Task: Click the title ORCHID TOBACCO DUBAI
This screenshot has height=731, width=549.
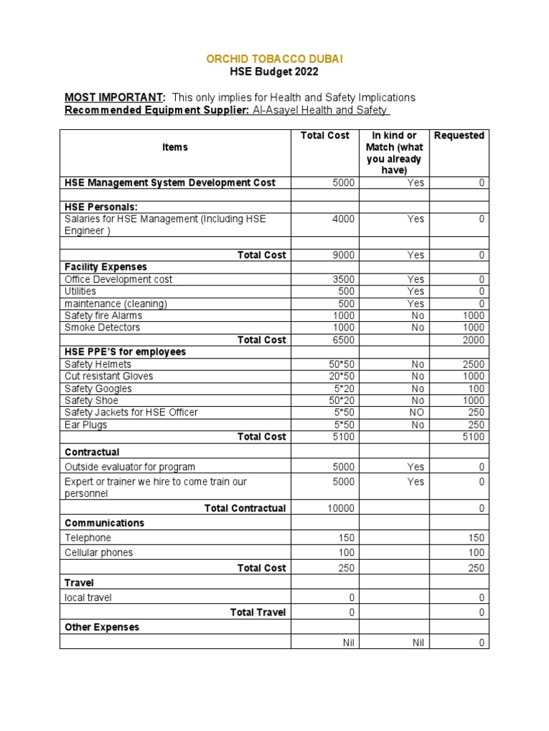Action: (274, 59)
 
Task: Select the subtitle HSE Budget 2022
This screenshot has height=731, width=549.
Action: (274, 71)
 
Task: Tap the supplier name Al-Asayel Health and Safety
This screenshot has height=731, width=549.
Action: (320, 110)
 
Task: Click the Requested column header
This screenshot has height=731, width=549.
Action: (459, 136)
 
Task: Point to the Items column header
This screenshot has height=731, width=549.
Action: (174, 147)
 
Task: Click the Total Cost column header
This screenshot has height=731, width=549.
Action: (325, 136)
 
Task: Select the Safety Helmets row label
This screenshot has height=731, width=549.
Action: (98, 364)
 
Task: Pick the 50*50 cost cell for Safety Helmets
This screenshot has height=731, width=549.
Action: (341, 364)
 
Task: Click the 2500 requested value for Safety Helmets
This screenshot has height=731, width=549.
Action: (473, 364)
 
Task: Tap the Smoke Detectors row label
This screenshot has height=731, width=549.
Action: (102, 328)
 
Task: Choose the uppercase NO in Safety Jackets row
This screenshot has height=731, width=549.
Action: (417, 413)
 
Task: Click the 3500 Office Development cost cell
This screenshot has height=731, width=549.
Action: (343, 279)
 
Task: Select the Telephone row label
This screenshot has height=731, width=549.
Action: (88, 538)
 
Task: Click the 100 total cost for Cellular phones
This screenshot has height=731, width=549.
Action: (346, 553)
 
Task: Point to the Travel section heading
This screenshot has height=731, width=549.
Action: (79, 583)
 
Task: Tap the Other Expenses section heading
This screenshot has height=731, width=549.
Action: (102, 627)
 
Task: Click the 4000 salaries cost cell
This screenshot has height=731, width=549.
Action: (343, 219)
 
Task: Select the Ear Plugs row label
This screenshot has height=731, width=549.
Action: (86, 425)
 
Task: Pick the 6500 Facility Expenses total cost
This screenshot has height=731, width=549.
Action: (343, 340)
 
